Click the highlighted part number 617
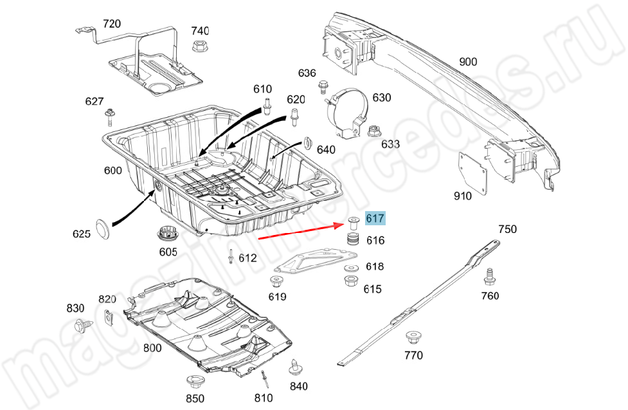[375, 218]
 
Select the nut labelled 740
[198, 46]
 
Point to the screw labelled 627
[110, 117]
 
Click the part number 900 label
[468, 62]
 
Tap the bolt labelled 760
[490, 275]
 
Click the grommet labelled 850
[192, 380]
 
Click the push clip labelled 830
[82, 325]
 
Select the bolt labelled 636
[323, 86]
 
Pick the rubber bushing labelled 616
[352, 242]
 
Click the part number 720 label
[111, 24]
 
